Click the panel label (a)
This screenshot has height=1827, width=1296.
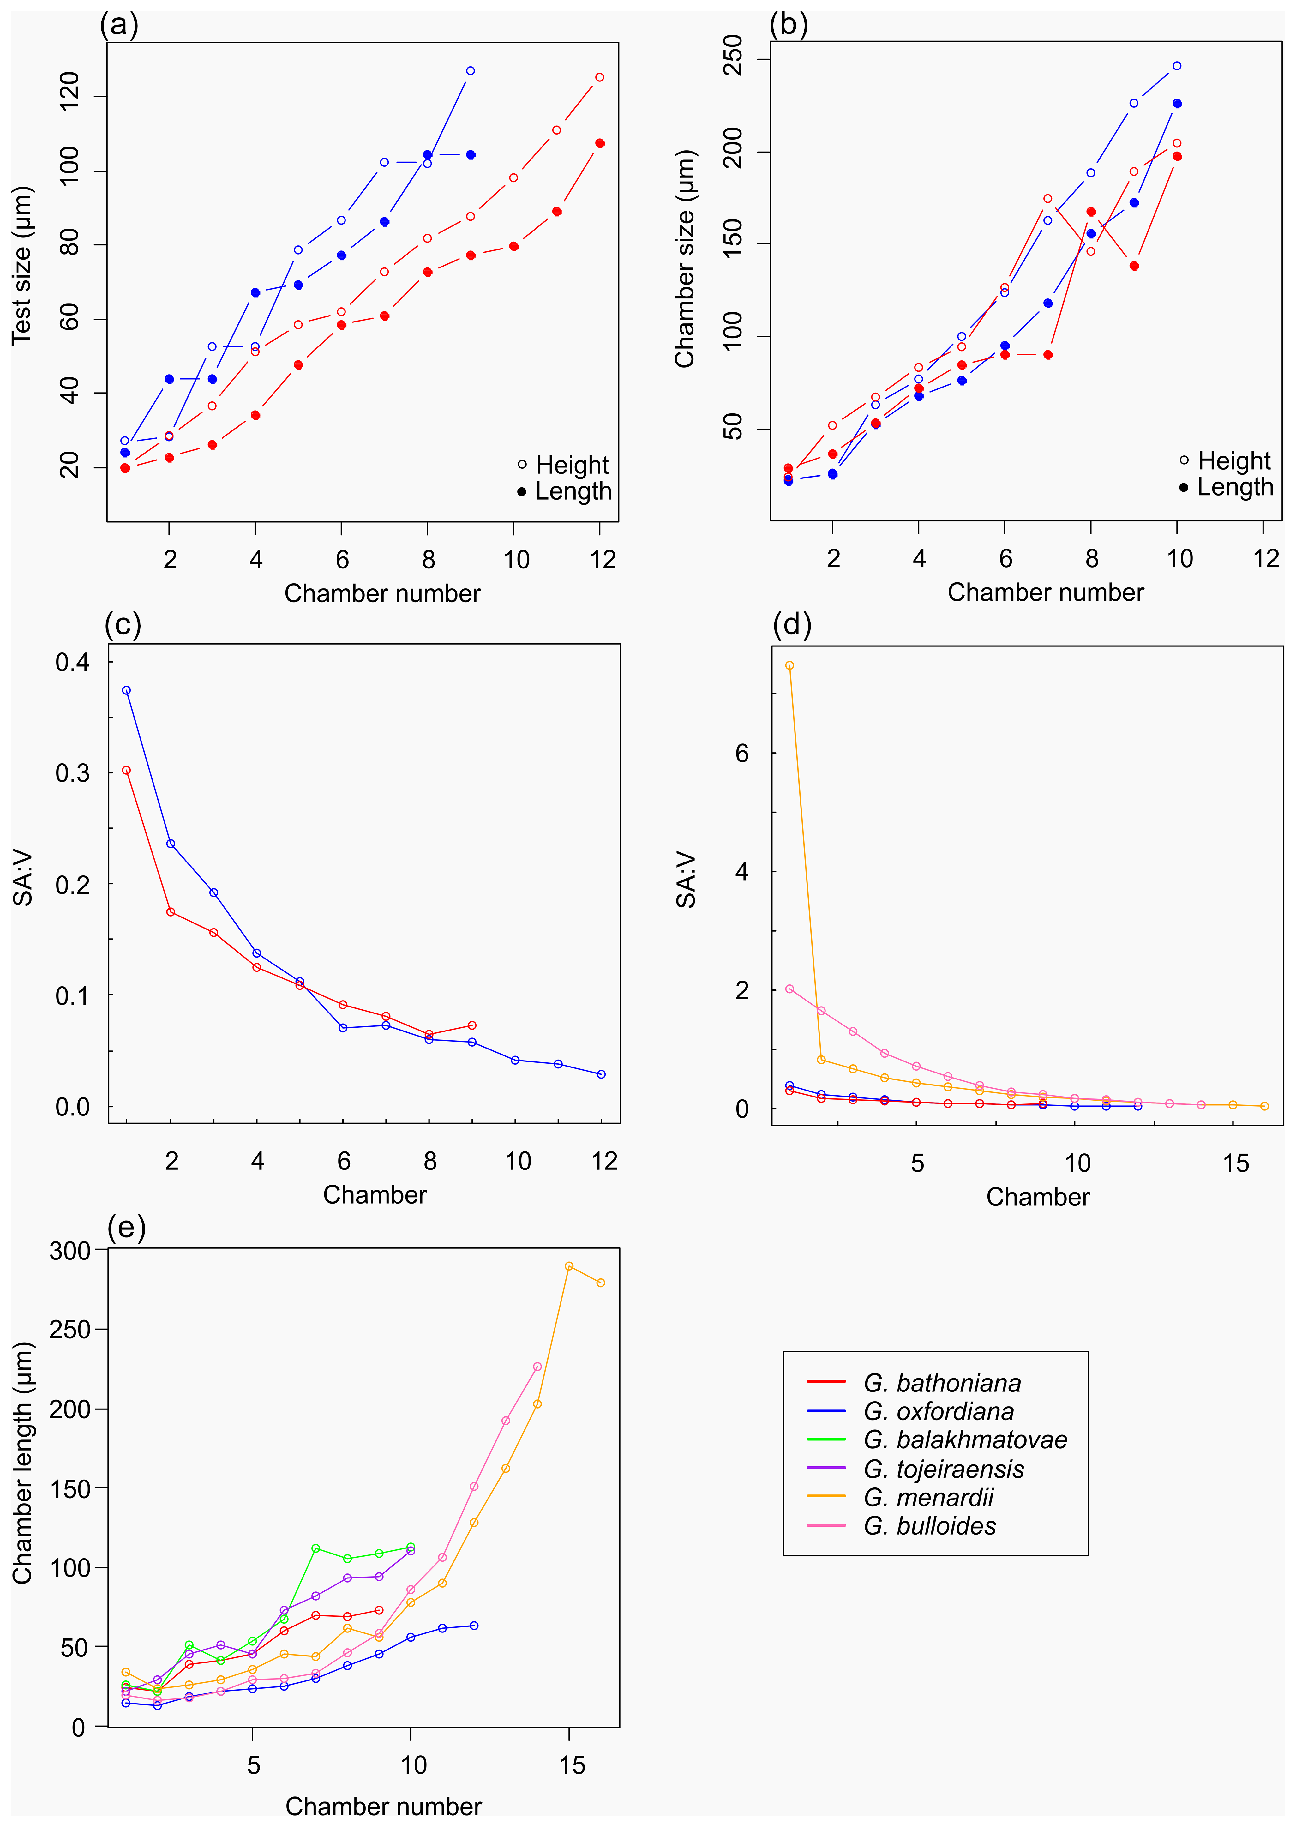(x=119, y=26)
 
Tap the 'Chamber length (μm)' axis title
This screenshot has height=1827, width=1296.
(x=22, y=1462)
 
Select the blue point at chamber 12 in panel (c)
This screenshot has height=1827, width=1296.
(x=601, y=1074)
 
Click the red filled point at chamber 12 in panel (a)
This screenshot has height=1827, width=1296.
(x=600, y=144)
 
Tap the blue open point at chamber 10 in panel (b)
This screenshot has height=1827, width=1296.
(x=1176, y=66)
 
